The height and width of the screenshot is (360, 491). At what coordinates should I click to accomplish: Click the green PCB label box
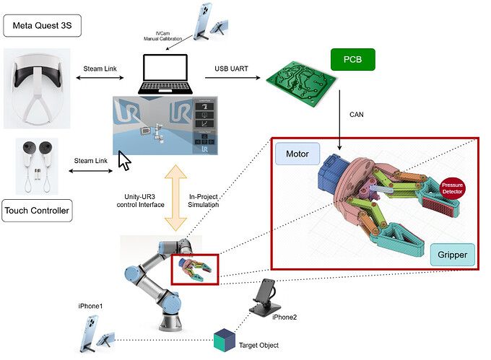coord(352,60)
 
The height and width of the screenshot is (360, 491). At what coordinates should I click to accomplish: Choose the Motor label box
coord(297,154)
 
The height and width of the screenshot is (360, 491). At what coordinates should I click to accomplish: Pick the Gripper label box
coord(452,255)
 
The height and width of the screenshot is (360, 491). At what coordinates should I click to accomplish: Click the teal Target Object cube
coord(224,338)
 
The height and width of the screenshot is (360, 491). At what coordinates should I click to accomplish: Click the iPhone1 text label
coord(91,306)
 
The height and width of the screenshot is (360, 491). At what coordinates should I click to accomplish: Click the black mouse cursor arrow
coord(124,161)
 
